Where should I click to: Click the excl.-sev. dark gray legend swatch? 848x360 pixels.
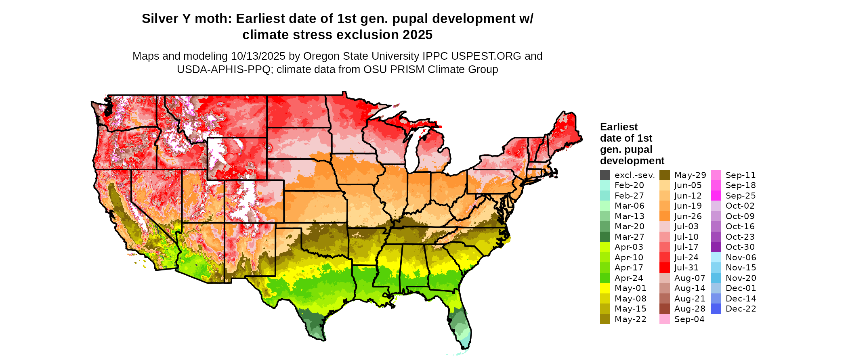[605, 175]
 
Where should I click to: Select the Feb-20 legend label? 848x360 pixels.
[629, 185]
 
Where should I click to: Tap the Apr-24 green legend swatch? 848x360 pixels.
[605, 278]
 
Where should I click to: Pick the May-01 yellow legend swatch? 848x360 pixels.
[605, 288]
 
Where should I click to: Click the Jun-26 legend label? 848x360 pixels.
[688, 216]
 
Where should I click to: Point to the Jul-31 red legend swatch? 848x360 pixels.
[665, 268]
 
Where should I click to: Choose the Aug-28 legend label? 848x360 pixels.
[690, 309]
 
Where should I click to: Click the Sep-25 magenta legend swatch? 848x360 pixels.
[716, 196]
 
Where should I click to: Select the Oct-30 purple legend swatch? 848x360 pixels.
[716, 247]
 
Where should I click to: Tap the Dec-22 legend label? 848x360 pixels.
[741, 309]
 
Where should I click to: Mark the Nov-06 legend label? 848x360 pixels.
[741, 257]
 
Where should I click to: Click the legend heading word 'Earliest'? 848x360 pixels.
[619, 127]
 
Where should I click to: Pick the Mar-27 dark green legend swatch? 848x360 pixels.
[605, 237]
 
